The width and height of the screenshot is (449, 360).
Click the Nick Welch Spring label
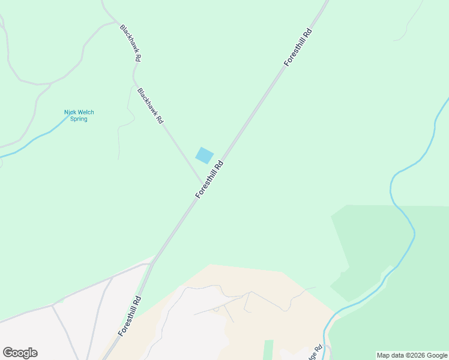[79, 115]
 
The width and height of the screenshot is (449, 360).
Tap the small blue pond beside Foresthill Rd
[204, 155]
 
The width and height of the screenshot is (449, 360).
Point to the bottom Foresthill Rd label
[130, 316]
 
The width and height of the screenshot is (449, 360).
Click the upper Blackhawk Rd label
[130, 43]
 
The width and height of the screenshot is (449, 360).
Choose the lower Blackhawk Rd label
[150, 106]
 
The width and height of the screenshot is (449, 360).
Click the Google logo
[20, 353]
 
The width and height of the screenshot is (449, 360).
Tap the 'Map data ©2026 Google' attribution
[412, 355]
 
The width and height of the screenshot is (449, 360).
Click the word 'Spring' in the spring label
[79, 119]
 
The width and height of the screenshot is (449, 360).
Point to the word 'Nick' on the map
[71, 112]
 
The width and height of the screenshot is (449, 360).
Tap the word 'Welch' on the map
[86, 112]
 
